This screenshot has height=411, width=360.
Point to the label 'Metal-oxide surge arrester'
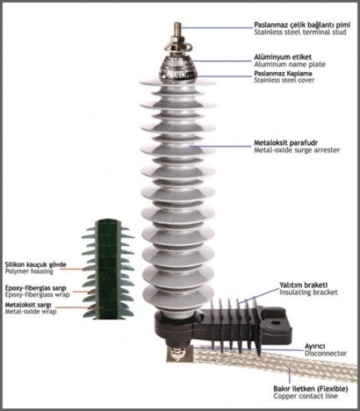296,150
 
